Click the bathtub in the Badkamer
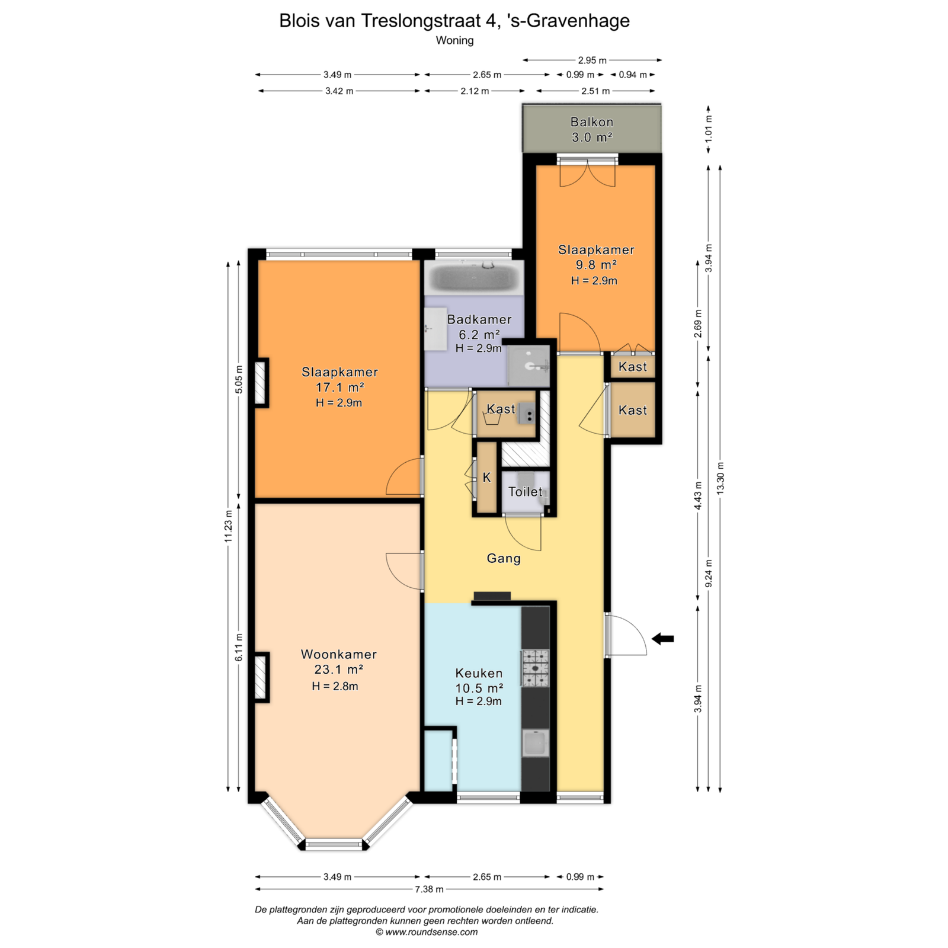474,277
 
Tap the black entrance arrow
663,639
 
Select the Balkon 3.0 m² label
592,130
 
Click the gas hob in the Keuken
535,668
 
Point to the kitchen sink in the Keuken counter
535,743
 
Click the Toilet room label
525,492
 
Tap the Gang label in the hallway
504,558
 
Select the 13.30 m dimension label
720,478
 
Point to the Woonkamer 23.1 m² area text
339,662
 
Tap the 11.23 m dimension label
229,526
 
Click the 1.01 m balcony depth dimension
709,128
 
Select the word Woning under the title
454,40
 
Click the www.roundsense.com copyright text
427,932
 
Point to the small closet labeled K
486,478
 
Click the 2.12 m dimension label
475,91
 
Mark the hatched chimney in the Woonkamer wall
261,677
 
